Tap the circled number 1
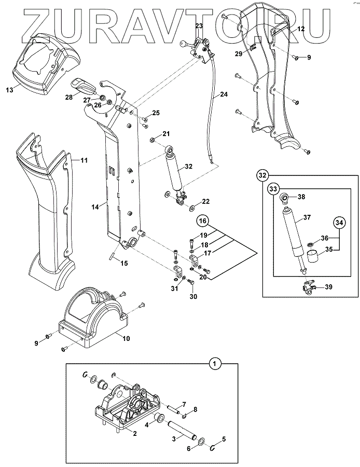click(214, 364)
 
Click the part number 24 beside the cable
click(223, 94)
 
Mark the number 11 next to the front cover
click(84, 160)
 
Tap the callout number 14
click(95, 207)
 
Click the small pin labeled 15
click(112, 256)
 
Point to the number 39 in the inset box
click(328, 287)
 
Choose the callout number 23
click(199, 25)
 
